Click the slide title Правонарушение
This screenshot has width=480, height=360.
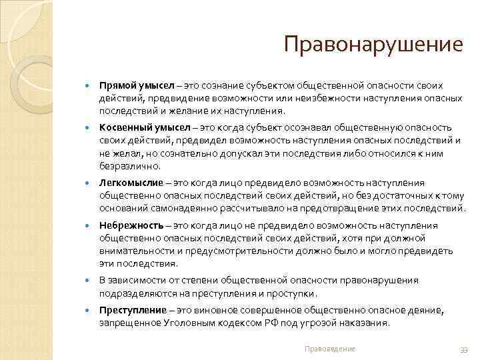[x=372, y=45]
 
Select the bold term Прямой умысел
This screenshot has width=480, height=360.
[x=137, y=86]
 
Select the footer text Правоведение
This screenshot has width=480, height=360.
[x=329, y=349]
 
